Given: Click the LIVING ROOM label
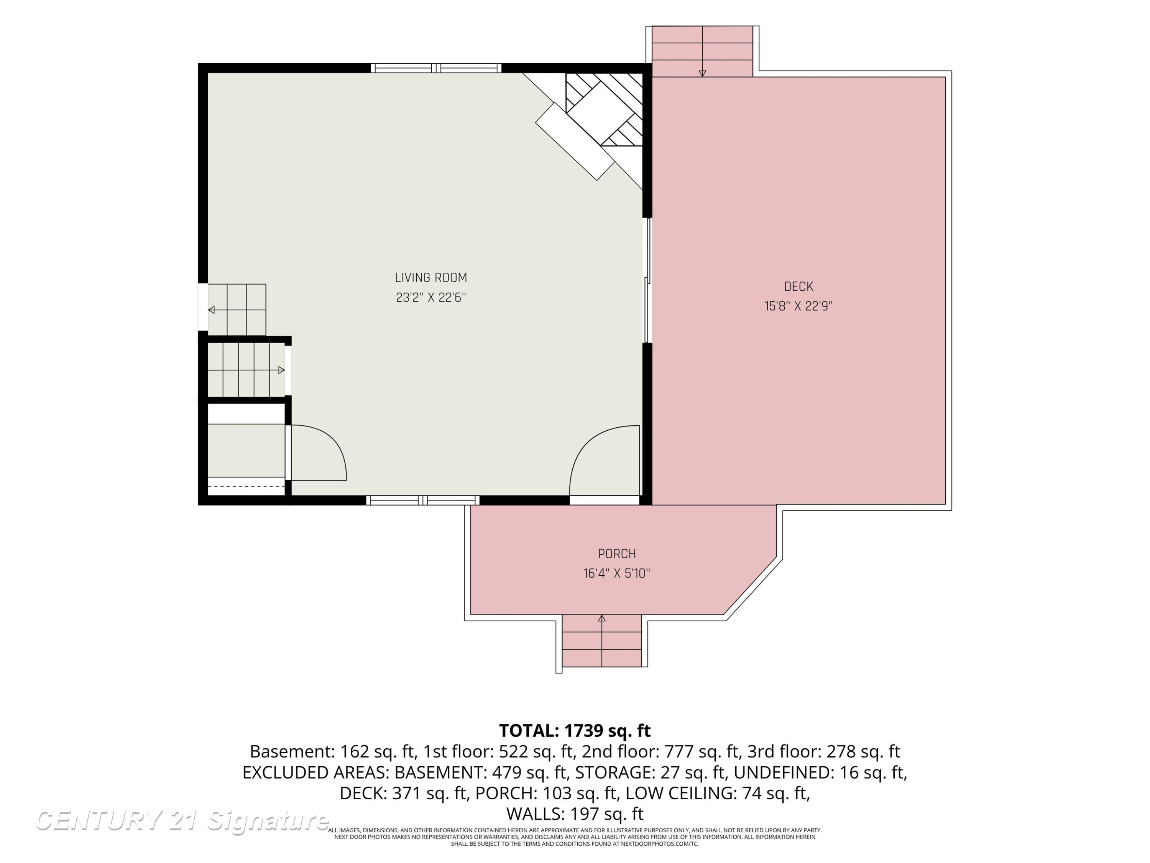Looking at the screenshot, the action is tap(431, 278).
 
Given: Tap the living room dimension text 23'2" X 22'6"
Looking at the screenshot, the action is tap(431, 298).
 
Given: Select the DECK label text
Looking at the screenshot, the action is tap(798, 287).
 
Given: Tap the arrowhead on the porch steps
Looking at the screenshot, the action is tap(602, 619).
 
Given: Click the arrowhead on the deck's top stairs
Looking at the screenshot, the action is tap(702, 73).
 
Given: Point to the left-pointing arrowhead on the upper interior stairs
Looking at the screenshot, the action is tap(212, 310).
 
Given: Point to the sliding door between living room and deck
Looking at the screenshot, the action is tap(648, 280).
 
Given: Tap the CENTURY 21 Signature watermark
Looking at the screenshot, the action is tap(182, 821).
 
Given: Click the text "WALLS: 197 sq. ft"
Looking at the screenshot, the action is tap(575, 814).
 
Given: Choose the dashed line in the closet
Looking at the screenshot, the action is tap(246, 486).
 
